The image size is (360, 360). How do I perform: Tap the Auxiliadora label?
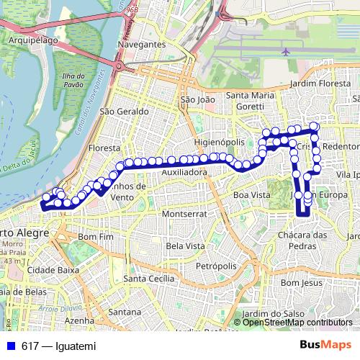coord(184,173)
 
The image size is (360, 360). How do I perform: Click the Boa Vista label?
coord(252,194)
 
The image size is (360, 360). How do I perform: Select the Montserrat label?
coord(185,214)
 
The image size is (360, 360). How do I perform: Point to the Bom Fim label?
coord(96,236)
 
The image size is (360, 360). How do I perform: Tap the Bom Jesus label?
coord(300,283)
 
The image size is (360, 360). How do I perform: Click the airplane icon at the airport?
coord(287,52)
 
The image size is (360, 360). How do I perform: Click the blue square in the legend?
coord(11,346)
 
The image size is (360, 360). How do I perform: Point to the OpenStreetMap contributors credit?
coord(297,322)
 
